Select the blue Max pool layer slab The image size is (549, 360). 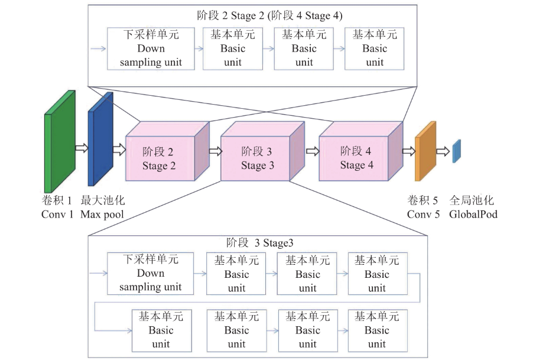99,140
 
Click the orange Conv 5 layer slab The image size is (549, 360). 425,151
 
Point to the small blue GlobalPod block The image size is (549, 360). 456,151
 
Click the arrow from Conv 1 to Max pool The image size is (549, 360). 81,148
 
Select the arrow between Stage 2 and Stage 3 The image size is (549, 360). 215,151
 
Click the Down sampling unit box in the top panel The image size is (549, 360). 151,48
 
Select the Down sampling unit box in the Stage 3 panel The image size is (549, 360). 151,273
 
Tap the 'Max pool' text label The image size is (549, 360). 102,214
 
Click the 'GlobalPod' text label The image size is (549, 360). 473,214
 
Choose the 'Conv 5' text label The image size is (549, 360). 424,214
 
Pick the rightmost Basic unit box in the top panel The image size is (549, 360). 375,48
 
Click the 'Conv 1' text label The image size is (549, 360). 57,214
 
